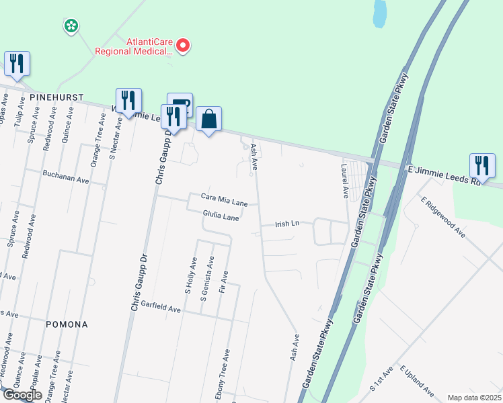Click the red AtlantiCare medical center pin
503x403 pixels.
[182, 45]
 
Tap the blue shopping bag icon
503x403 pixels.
[208, 120]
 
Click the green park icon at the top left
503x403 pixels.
[70, 26]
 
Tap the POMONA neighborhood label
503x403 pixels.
[67, 324]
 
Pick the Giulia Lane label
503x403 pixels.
[221, 217]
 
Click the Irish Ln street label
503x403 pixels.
[287, 224]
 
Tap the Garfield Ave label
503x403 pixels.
[161, 307]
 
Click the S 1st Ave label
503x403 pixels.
[381, 380]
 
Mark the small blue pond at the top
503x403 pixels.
[380, 13]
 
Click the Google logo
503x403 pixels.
[22, 395]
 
